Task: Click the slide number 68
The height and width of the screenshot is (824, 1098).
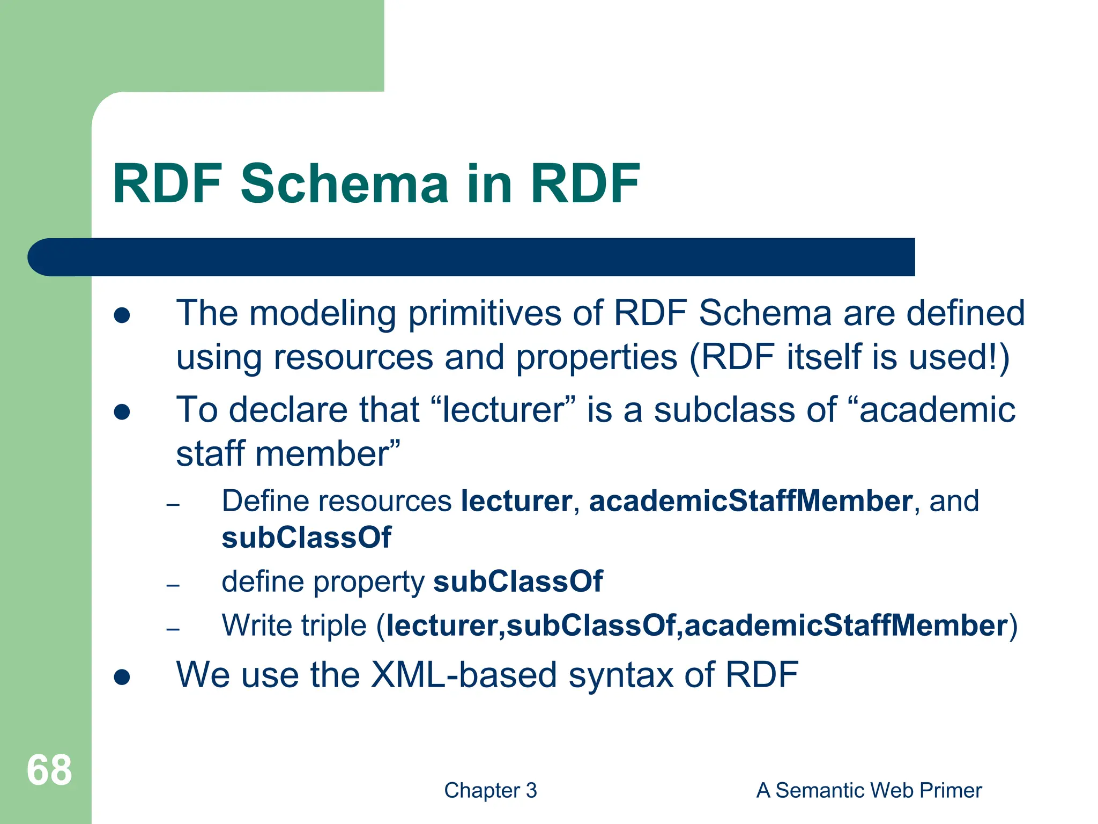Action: click(49, 770)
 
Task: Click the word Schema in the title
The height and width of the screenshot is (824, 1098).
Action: click(344, 184)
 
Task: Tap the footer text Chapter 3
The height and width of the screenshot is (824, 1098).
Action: click(490, 790)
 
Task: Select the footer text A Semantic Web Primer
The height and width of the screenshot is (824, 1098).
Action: click(869, 790)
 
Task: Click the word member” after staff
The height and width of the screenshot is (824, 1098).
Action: click(327, 454)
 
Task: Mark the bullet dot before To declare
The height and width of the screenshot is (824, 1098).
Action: click(122, 412)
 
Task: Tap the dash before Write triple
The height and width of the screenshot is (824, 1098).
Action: click(173, 628)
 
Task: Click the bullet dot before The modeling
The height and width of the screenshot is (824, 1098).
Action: click(122, 315)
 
